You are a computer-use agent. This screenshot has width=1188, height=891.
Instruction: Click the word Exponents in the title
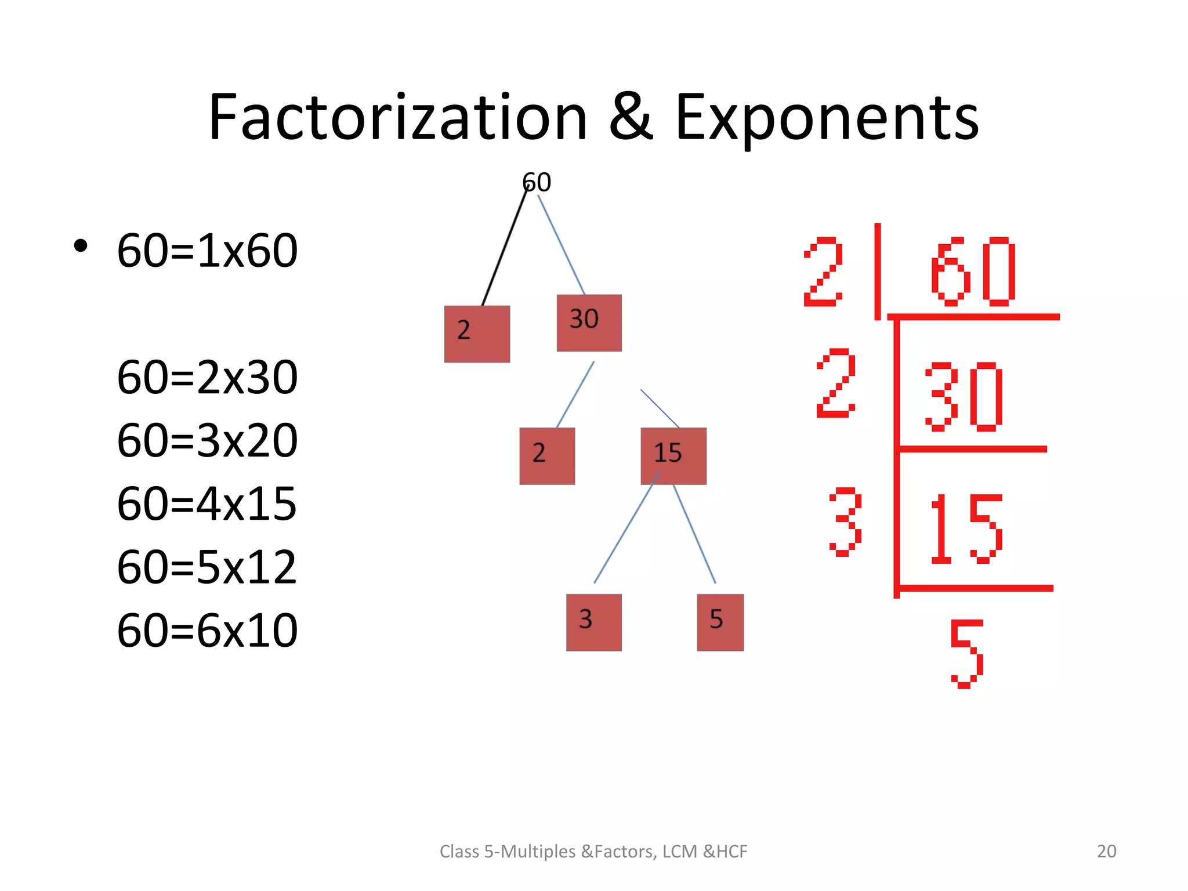click(x=827, y=119)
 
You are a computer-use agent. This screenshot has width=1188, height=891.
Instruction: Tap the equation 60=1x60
click(x=207, y=251)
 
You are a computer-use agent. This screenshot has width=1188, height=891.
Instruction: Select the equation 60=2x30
click(x=207, y=378)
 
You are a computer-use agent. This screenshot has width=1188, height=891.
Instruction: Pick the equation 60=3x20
click(x=207, y=441)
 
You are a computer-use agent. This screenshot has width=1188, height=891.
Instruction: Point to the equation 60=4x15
click(x=207, y=504)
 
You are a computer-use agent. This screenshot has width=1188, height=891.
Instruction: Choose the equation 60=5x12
click(x=207, y=567)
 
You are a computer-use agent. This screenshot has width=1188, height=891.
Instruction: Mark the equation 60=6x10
click(x=207, y=631)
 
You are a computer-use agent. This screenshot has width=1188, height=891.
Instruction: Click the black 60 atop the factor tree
click(x=537, y=183)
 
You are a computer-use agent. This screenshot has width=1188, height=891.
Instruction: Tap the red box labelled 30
click(x=589, y=323)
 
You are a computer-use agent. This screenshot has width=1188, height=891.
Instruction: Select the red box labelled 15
click(x=673, y=456)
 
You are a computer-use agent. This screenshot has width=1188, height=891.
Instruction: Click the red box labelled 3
click(x=593, y=622)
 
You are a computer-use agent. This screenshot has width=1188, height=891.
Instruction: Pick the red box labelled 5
click(x=720, y=622)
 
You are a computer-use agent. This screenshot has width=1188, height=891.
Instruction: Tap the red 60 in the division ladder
click(x=973, y=271)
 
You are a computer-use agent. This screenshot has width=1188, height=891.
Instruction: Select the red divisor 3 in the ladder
click(x=845, y=521)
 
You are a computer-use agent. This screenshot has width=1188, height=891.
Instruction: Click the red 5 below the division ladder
click(x=966, y=654)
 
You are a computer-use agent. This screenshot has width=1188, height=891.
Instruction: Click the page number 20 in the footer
click(x=1106, y=851)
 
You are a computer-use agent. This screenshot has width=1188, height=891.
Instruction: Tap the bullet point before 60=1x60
click(x=81, y=246)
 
